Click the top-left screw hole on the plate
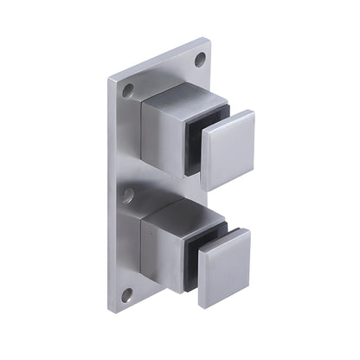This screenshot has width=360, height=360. click(128, 89)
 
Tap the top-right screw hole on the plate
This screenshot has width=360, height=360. click(200, 60)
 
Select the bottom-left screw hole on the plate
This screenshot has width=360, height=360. click(127, 294)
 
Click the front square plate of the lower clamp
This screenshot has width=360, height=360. click(224, 267)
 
